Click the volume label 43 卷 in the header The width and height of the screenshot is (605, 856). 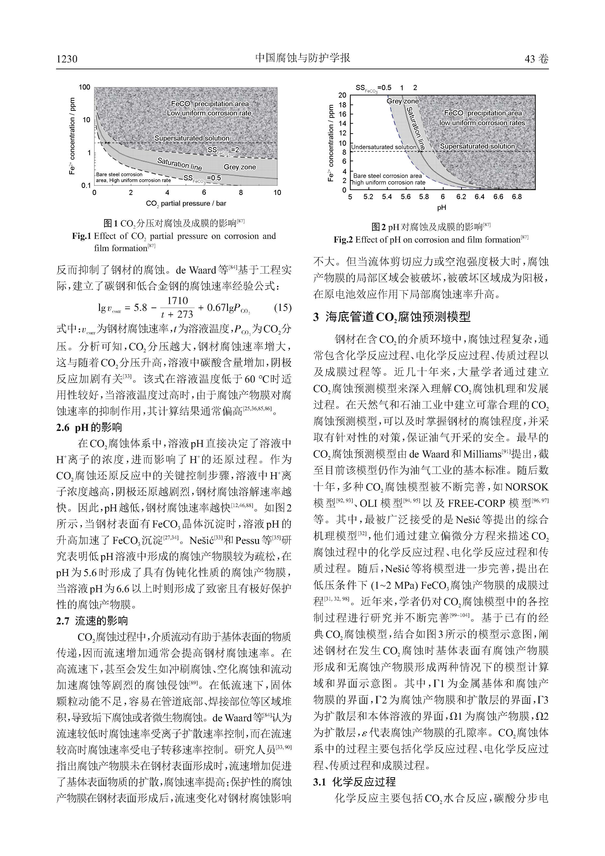[536, 59]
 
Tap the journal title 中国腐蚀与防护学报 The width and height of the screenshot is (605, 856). [302, 58]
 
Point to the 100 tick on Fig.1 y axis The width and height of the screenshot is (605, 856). [85, 87]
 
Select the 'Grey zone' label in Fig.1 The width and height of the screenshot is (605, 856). [239, 167]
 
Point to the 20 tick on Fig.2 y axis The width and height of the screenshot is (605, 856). [342, 95]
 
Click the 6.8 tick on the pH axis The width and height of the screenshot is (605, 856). [517, 197]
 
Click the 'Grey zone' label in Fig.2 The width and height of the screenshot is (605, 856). [402, 101]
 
